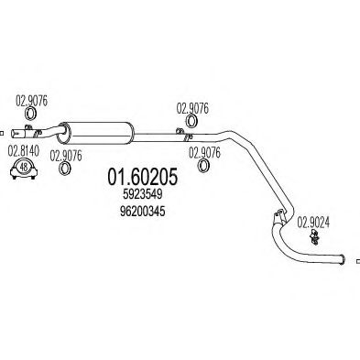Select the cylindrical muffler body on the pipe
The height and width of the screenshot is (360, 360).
(x=100, y=130)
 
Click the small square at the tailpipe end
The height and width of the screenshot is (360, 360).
(x=356, y=262)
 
